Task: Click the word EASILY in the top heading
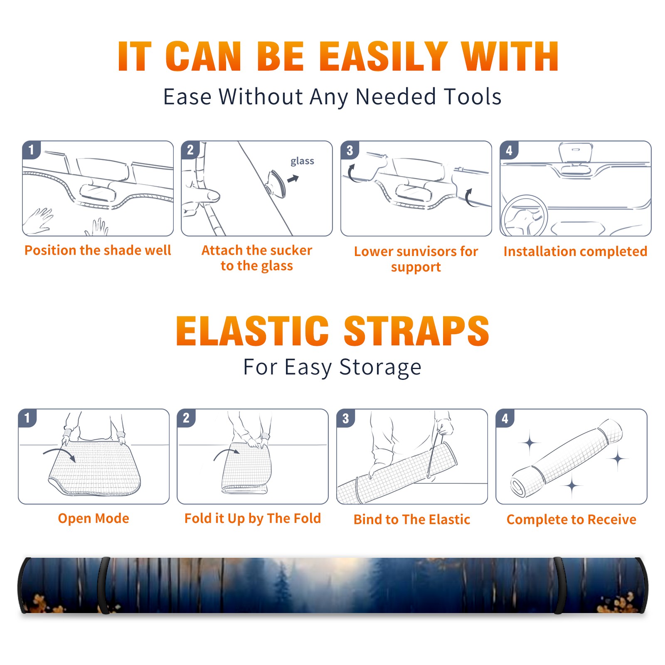click(383, 57)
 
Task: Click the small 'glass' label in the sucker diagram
click(302, 161)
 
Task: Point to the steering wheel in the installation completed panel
click(524, 216)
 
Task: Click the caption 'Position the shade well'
click(98, 250)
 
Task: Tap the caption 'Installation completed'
click(575, 251)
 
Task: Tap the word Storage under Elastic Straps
click(380, 367)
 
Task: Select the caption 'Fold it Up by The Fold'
click(253, 519)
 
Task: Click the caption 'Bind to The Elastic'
click(412, 520)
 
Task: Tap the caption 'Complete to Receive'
click(571, 520)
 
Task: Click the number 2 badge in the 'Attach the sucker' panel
click(190, 150)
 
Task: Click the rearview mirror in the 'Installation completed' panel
click(576, 153)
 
